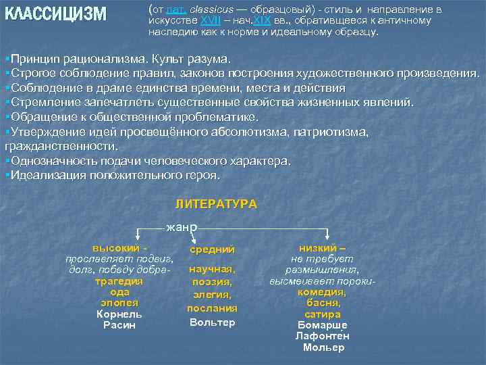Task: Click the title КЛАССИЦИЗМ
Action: (x=55, y=14)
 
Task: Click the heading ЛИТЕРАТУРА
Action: (x=216, y=203)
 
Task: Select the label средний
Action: (x=212, y=249)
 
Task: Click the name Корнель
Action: (x=119, y=314)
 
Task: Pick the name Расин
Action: (x=119, y=325)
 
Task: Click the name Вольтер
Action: (x=212, y=322)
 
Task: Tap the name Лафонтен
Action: (x=323, y=336)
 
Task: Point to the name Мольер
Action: (x=323, y=347)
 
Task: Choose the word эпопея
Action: (x=119, y=303)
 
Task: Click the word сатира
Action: (x=323, y=314)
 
